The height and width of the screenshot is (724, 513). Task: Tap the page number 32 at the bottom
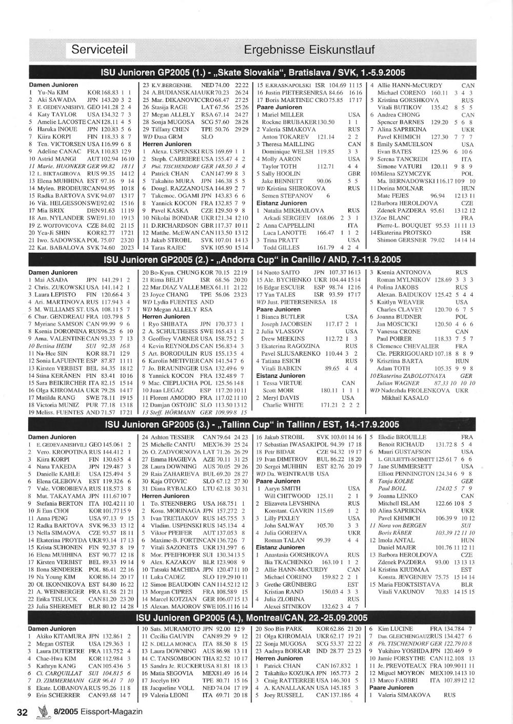click(22, 712)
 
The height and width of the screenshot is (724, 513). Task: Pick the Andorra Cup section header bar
click(253, 259)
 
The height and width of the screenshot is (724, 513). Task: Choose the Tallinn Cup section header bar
click(253, 424)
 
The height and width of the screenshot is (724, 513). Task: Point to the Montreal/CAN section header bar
click(253, 618)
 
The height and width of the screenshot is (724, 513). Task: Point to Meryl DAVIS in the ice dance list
click(280, 398)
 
